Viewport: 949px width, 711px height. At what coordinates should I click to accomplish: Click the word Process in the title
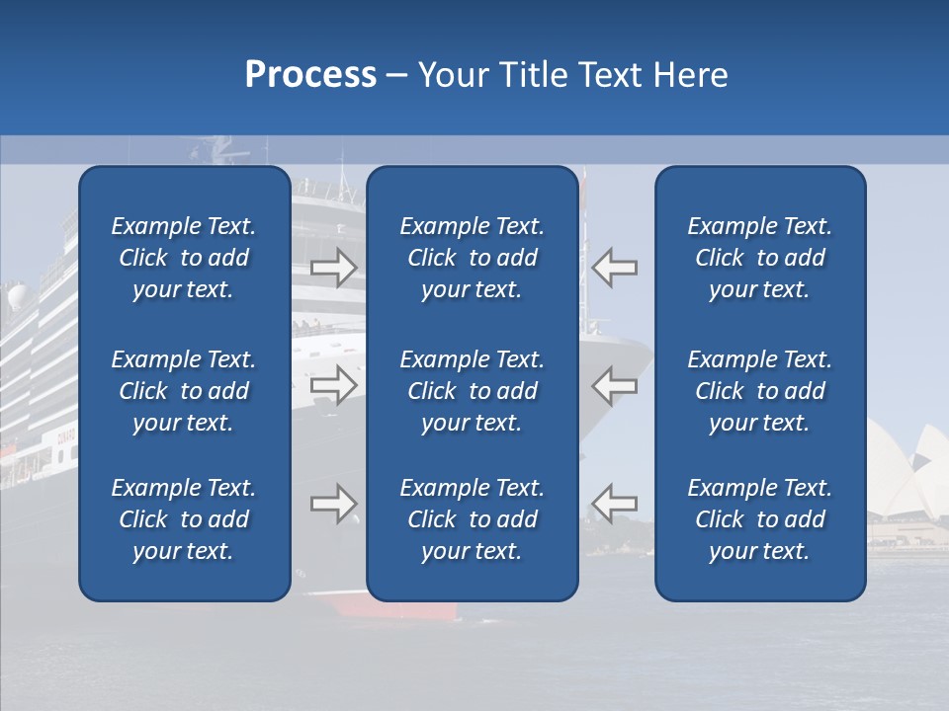(x=310, y=75)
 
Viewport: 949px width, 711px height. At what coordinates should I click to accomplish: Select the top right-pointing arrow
(x=333, y=268)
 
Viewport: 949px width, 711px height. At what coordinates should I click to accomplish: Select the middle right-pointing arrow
(x=333, y=385)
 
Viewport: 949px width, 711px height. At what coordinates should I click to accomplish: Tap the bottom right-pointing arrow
(x=333, y=504)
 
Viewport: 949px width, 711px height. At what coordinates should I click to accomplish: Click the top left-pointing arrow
(x=615, y=268)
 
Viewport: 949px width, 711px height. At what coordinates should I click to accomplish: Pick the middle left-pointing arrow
(x=615, y=385)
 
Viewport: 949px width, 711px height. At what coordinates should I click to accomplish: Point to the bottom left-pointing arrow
(x=615, y=504)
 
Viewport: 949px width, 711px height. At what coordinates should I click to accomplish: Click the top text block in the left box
(x=184, y=258)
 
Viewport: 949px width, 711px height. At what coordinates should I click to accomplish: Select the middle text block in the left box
(x=184, y=391)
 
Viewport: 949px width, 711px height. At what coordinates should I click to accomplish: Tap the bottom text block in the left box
(x=184, y=519)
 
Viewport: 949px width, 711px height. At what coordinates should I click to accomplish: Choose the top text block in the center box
(x=472, y=258)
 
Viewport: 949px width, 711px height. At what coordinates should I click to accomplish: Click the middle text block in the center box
(x=472, y=391)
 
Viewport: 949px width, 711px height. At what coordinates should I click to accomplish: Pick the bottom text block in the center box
(x=472, y=519)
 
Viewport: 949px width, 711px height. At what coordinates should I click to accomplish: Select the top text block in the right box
(x=759, y=258)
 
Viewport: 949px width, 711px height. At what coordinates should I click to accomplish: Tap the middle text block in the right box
(x=759, y=391)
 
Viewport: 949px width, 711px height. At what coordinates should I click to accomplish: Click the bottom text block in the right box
(x=759, y=519)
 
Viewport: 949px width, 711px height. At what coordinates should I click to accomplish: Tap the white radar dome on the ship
(x=18, y=296)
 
